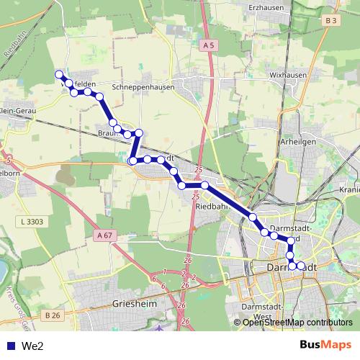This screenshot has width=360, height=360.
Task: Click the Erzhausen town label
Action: (x=267, y=7)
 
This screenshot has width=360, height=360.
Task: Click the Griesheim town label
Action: (x=135, y=305)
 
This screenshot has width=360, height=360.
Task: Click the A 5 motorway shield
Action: (x=209, y=45)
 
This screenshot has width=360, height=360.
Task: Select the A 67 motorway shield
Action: (x=105, y=235)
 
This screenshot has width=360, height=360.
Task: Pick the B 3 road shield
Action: (x=330, y=21)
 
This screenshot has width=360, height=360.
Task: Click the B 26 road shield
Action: (x=50, y=315)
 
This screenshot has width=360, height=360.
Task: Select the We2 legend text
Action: (x=32, y=346)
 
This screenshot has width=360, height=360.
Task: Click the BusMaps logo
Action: (x=325, y=345)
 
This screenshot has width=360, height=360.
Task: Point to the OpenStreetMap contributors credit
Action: (x=297, y=322)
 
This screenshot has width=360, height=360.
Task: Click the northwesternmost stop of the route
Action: (x=59, y=73)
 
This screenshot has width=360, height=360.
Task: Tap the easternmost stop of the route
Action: (x=301, y=266)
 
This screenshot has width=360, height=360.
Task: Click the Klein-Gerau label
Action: (x=16, y=110)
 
